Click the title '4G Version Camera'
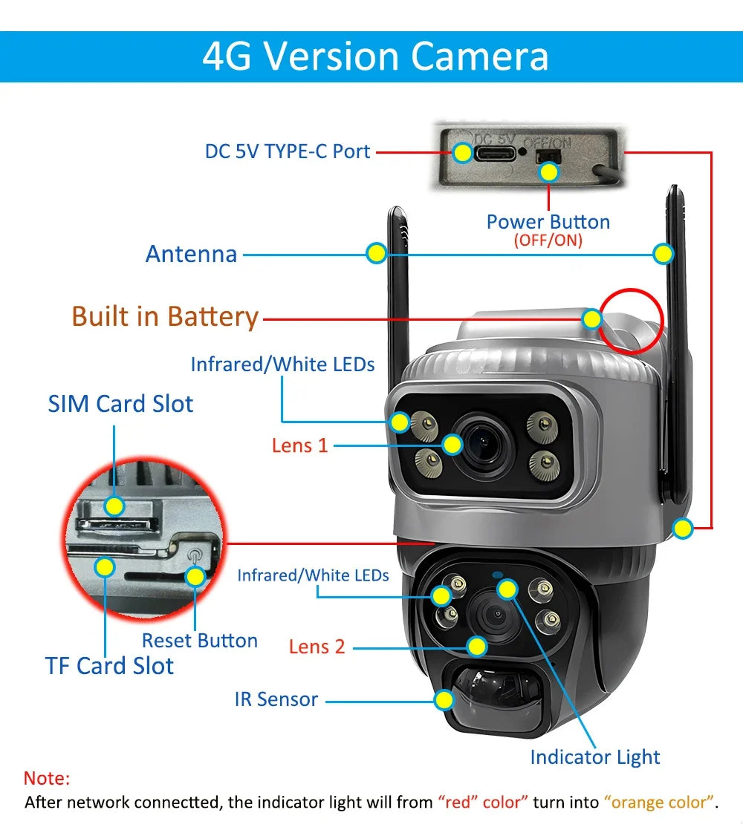(375, 57)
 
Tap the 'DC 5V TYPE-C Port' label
(288, 151)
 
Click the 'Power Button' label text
(548, 221)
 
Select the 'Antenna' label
(191, 254)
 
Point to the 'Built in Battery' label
(165, 316)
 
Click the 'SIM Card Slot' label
(120, 404)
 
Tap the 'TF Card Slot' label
(109, 666)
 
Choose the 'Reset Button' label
(199, 641)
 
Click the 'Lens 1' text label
(299, 445)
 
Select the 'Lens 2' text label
(317, 647)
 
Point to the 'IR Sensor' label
(276, 699)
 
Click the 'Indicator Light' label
(594, 757)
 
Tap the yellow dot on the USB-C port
(463, 153)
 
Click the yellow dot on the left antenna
(377, 253)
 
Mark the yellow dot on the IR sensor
(444, 699)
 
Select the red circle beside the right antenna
(631, 320)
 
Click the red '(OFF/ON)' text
(548, 241)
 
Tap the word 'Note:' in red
(47, 779)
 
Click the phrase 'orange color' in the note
(660, 803)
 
